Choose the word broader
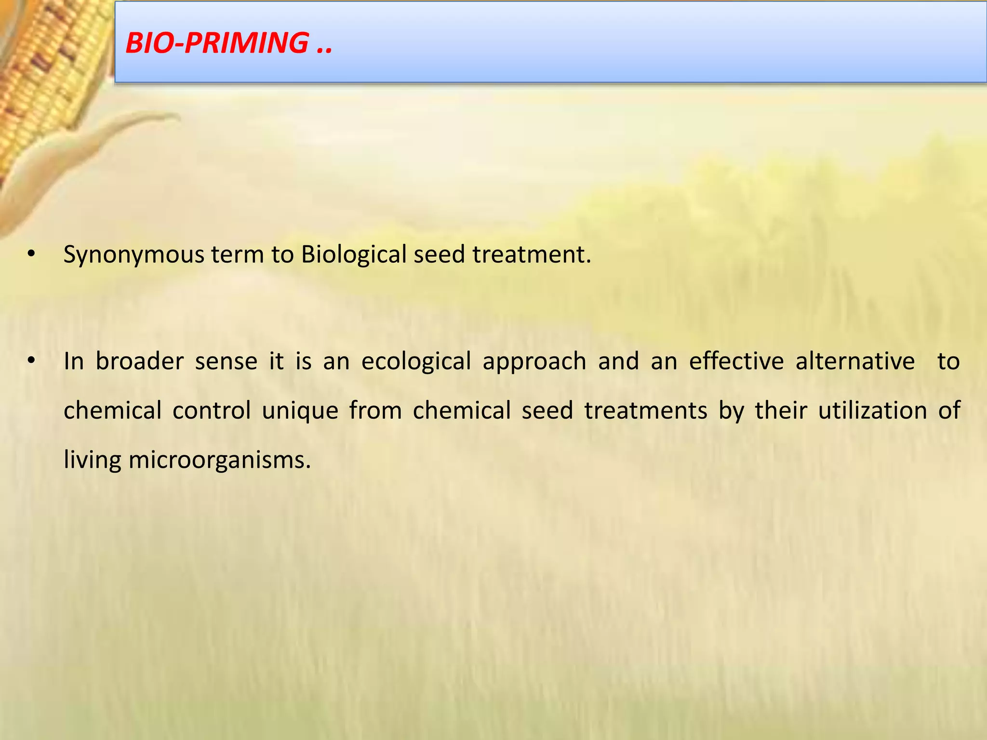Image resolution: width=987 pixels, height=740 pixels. point(139,361)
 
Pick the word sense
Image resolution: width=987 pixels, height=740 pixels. point(226,361)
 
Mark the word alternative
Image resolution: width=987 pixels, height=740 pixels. point(855,361)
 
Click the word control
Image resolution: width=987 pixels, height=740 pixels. point(212,411)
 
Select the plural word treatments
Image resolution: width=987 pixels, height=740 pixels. point(646,411)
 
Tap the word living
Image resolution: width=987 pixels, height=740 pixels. point(92,461)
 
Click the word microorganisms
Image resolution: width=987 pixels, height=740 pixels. point(219,461)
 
